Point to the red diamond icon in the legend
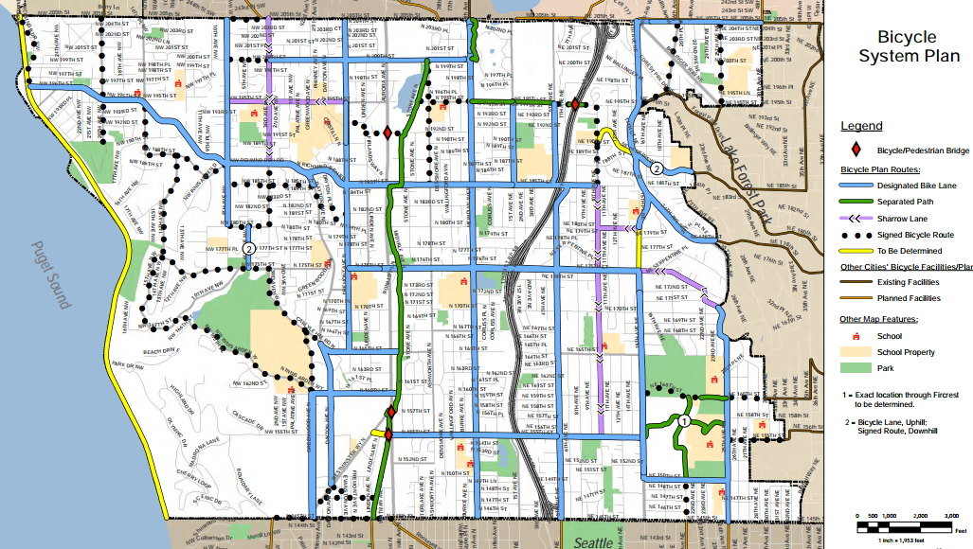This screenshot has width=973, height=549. click(856, 150)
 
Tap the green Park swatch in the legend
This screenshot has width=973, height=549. click(855, 368)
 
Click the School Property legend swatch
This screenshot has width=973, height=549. click(855, 352)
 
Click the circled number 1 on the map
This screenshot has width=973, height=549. click(684, 420)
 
